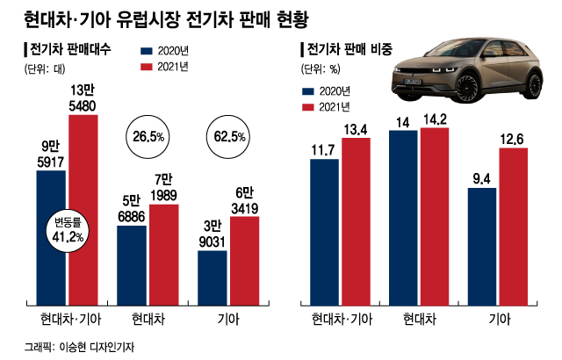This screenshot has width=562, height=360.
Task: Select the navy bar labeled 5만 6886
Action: (x=133, y=263)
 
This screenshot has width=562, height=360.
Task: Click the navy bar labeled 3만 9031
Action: (x=213, y=276)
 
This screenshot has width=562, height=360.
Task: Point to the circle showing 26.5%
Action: (x=150, y=136)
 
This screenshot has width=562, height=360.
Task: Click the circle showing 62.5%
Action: (x=230, y=136)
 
